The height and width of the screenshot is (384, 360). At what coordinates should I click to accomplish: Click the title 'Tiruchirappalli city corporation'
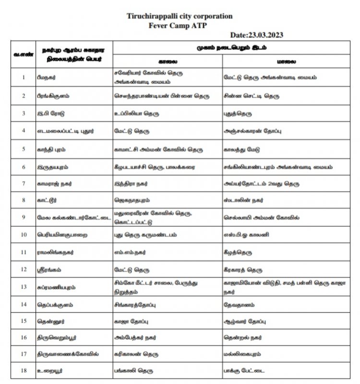(180, 16)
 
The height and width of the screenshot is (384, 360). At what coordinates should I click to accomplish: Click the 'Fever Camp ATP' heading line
(180, 25)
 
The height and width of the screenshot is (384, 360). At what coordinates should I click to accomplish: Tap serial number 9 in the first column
(23, 217)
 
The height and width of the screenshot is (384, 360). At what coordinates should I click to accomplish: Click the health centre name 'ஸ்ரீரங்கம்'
(49, 270)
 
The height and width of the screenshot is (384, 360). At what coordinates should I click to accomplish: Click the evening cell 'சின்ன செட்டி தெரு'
(252, 96)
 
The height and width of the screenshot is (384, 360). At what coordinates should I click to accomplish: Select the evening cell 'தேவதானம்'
(240, 305)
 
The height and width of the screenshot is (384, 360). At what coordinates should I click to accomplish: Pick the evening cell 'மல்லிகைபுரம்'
(244, 354)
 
